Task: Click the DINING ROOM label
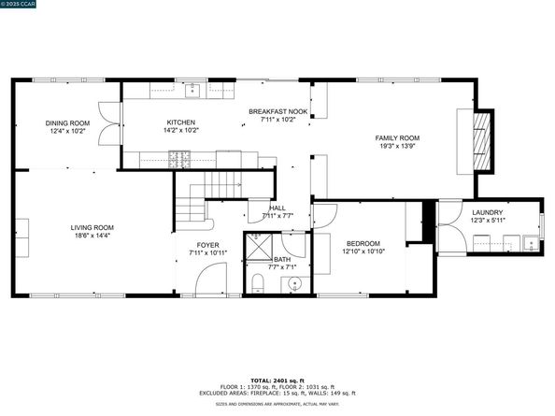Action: tap(67, 122)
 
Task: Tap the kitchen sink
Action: tap(193, 91)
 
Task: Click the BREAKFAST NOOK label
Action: tap(277, 112)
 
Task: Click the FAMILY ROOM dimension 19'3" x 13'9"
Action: tap(397, 146)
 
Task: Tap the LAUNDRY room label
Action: tap(487, 212)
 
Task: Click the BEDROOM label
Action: tap(363, 241)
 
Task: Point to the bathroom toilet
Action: tap(256, 281)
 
